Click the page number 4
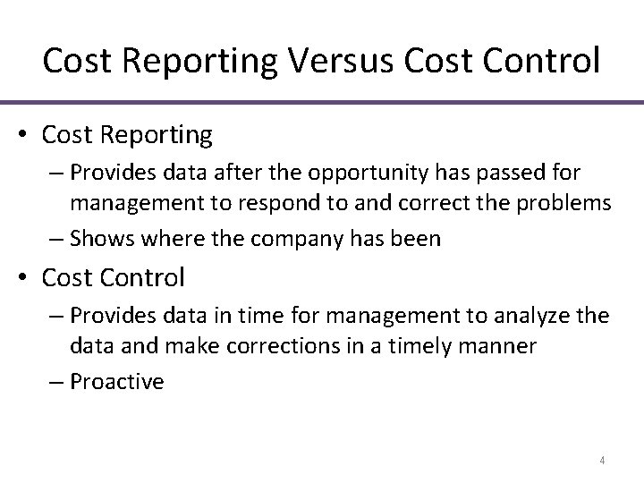point(602,461)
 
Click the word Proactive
point(116,381)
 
